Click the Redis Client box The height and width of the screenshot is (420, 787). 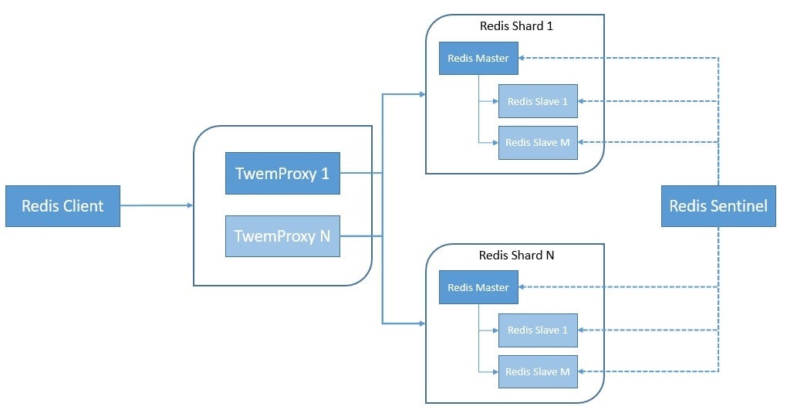pyautogui.click(x=62, y=206)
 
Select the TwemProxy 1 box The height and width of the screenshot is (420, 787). pyautogui.click(x=282, y=174)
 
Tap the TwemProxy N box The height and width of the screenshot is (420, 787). pyautogui.click(x=282, y=236)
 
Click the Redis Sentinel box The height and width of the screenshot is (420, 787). pyautogui.click(x=718, y=206)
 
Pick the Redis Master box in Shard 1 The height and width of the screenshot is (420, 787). pyautogui.click(x=478, y=59)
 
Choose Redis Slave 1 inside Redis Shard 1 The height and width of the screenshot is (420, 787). pyautogui.click(x=538, y=101)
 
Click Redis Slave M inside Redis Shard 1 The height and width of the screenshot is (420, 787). pyautogui.click(x=538, y=143)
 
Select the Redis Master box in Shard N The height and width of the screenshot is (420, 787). pyautogui.click(x=478, y=288)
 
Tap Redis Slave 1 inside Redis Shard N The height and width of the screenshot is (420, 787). pyautogui.click(x=538, y=330)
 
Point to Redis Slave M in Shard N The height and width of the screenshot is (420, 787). pyautogui.click(x=538, y=371)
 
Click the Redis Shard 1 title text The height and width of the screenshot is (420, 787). pyautogui.click(x=516, y=25)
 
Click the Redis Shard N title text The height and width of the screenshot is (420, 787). pyautogui.click(x=516, y=255)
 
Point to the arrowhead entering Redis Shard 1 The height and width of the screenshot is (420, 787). pyautogui.click(x=421, y=94)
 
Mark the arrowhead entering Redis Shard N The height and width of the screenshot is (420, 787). pyautogui.click(x=421, y=323)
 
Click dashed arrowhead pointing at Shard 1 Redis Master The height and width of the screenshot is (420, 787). pyautogui.click(x=523, y=58)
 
